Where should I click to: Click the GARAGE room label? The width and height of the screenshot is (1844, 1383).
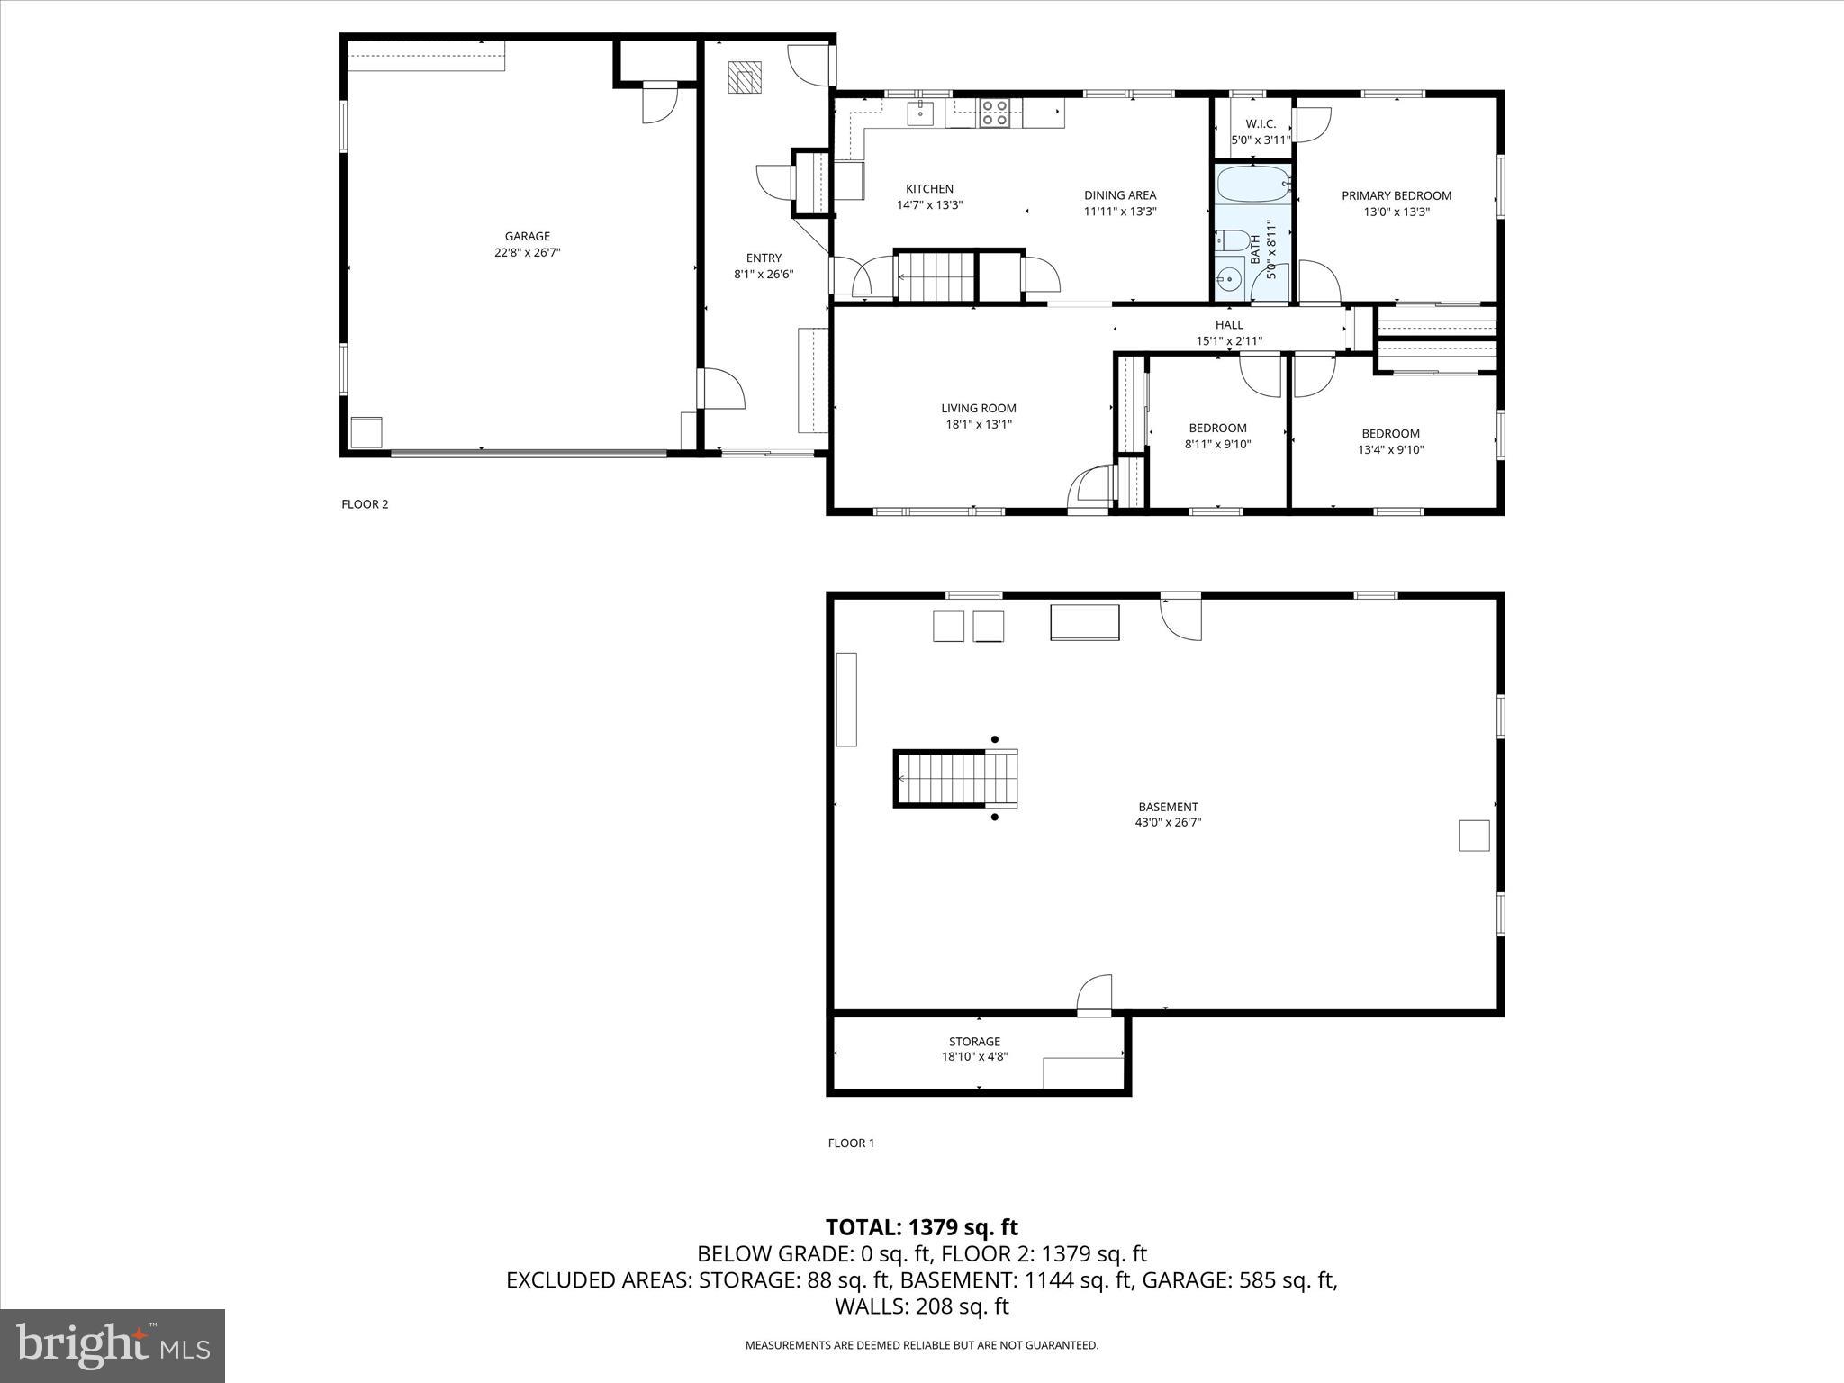(527, 236)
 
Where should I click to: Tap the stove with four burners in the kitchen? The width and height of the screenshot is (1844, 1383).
(994, 113)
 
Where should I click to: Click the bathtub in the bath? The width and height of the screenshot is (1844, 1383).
(1252, 186)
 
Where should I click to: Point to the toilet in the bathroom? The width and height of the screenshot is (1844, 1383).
(1233, 240)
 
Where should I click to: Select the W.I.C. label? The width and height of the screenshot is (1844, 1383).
(1260, 124)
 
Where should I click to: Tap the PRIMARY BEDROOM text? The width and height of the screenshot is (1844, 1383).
(1396, 195)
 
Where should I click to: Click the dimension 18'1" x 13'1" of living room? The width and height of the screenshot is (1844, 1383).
(978, 424)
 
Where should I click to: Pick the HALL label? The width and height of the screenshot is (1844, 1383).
(1229, 325)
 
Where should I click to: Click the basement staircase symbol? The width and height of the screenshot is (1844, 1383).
(956, 779)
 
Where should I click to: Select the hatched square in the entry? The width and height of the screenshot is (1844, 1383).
(745, 77)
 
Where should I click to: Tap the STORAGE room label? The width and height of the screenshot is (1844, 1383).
(974, 1042)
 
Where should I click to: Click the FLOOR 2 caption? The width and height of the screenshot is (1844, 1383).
(365, 504)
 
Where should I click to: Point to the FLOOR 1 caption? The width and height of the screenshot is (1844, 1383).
(851, 1143)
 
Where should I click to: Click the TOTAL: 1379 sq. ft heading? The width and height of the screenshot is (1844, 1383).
(921, 1227)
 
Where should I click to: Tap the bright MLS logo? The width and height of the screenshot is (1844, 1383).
(113, 1346)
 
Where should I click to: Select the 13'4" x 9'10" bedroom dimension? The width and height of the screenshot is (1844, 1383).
(1390, 450)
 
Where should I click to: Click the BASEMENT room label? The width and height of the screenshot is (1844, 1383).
(1168, 807)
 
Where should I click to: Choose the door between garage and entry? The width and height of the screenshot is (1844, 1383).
(720, 389)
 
